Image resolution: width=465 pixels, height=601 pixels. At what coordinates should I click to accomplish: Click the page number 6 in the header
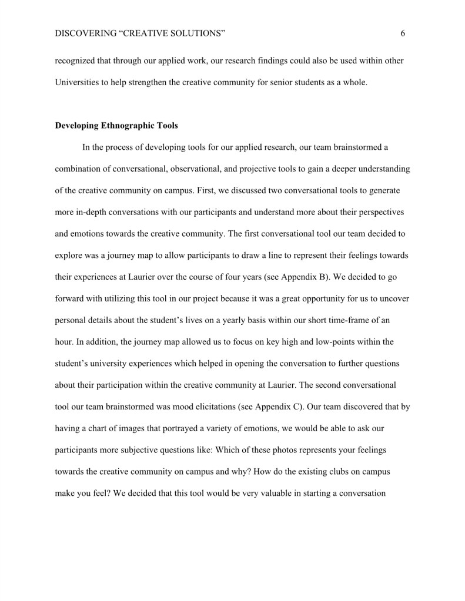coord(403,34)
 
